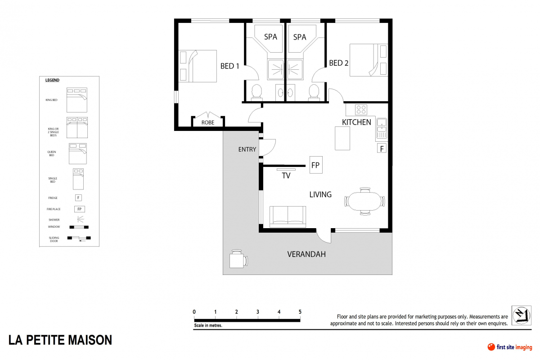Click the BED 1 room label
click(229, 66)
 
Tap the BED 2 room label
click(338, 63)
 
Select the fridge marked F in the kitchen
click(381, 148)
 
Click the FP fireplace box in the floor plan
click(315, 165)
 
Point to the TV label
click(286, 176)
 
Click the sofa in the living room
click(288, 216)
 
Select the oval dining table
click(364, 201)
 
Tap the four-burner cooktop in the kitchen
click(361, 109)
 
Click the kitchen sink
click(381, 128)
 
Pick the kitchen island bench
click(342, 138)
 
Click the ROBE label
click(207, 122)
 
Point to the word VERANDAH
click(306, 254)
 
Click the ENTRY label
click(247, 149)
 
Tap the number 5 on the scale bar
click(300, 311)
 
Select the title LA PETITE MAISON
click(60, 340)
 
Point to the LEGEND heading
click(52, 80)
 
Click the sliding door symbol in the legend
click(79, 238)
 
